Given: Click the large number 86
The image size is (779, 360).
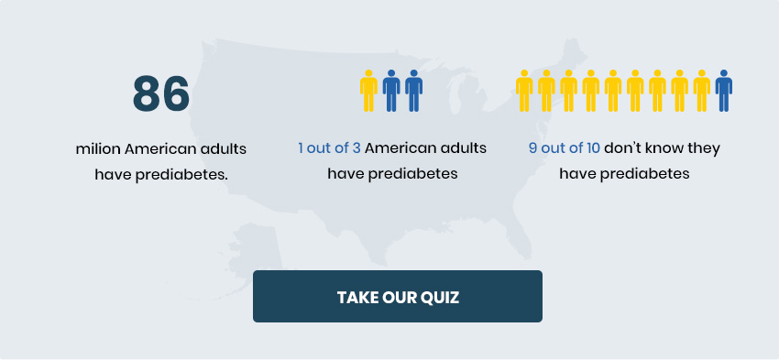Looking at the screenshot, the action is pos(161,93).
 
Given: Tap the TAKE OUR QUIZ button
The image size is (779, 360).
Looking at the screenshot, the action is pos(398,297).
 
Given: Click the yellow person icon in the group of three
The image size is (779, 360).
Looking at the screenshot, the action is pos(368,91).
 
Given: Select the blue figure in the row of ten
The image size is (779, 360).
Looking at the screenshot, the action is pos(724,91).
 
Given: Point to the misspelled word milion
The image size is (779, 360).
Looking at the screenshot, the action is pos(98,149).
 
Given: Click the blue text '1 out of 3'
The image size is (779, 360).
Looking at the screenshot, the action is pos(329,148).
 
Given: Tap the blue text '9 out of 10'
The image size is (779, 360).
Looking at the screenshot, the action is pos(565,148).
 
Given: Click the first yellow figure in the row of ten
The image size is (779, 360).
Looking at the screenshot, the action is pos(524,91).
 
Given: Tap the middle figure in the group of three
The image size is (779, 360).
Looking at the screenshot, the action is pos(391,91).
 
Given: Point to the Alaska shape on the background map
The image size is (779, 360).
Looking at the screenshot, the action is pos(248,258).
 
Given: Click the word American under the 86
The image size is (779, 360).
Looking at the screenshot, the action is pos(157,149).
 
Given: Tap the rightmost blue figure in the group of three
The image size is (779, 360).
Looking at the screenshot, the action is pos(414,91).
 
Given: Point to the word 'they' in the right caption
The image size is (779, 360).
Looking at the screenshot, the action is pos(705,149).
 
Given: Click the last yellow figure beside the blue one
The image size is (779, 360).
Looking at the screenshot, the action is pos(701,91).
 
